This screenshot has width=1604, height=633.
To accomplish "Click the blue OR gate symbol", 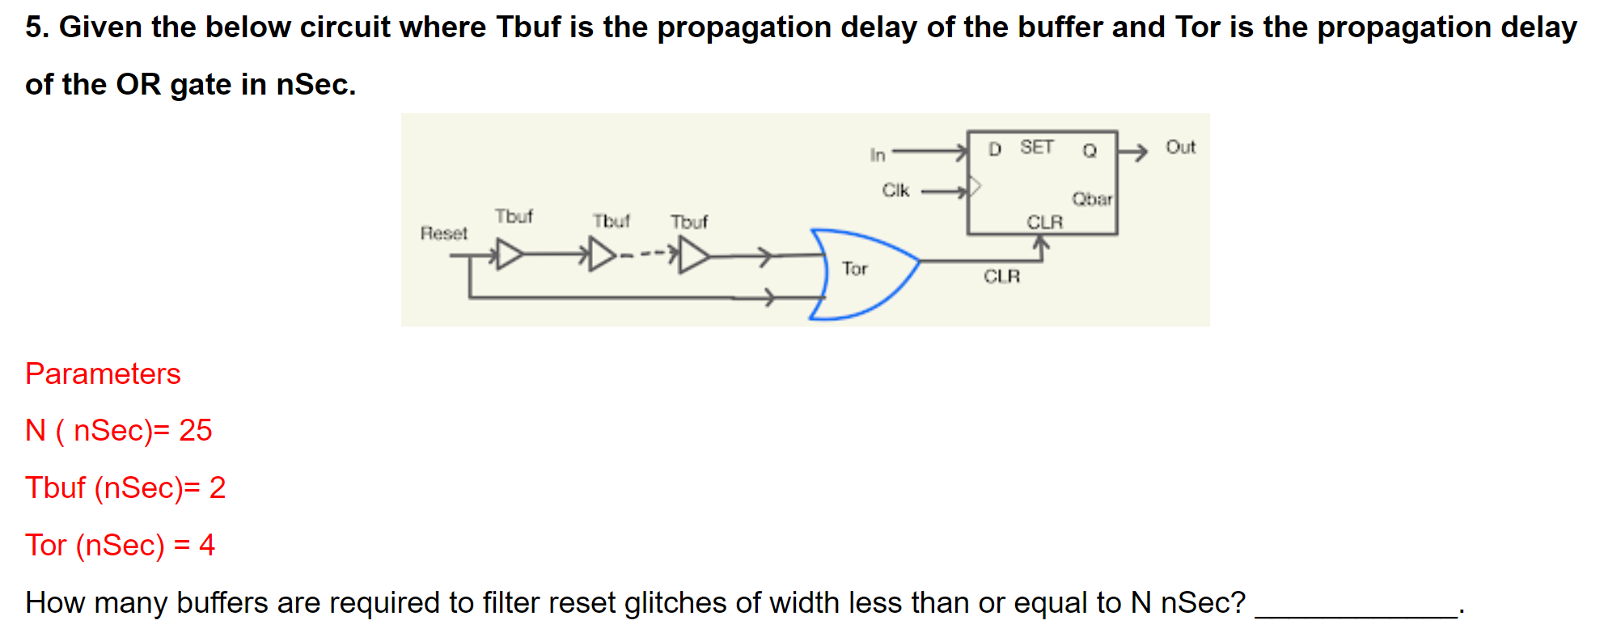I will tap(865, 275).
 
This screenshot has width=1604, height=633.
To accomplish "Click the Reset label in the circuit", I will tap(443, 234).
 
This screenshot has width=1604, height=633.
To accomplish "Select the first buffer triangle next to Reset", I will tap(509, 255).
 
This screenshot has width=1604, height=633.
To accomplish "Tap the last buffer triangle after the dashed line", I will tap(693, 256).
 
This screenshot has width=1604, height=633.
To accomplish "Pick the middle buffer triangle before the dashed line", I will tap(602, 255).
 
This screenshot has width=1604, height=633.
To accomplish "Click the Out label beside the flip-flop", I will tap(1180, 147).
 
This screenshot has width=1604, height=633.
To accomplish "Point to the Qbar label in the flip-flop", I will tap(1091, 199).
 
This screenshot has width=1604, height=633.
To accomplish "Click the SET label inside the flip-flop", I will tap(1036, 147).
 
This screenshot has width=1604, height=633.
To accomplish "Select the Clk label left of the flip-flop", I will tap(895, 190).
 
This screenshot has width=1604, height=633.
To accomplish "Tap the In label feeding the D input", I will tap(878, 154).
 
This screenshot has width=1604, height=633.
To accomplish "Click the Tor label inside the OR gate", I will tap(854, 268).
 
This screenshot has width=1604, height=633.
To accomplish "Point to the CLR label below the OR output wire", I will tap(1001, 276).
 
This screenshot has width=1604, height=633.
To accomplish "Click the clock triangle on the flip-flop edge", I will tap(975, 187).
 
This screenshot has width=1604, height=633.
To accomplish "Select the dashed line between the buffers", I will tap(644, 255).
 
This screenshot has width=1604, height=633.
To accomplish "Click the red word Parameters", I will tap(103, 373).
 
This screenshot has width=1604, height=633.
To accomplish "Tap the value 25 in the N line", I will tap(195, 431).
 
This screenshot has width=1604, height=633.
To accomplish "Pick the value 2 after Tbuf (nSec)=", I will tap(217, 488).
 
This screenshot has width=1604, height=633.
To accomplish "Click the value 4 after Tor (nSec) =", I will tap(207, 545).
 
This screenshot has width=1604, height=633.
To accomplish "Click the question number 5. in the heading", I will tap(37, 27).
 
